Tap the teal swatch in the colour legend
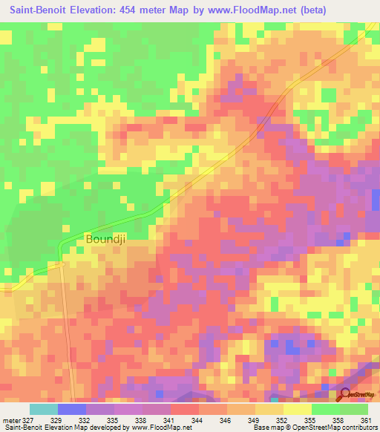[44, 409]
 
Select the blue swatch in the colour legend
[72, 409]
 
